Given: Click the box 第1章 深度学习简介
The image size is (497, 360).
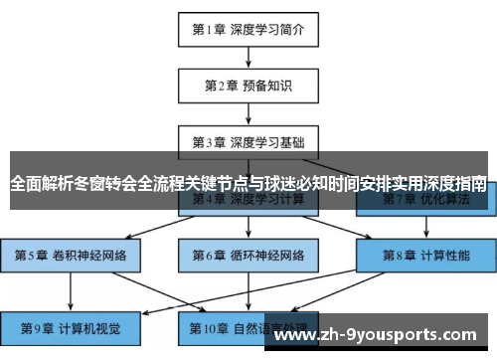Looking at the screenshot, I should click(248, 30).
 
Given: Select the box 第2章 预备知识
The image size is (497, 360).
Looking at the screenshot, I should click(248, 86).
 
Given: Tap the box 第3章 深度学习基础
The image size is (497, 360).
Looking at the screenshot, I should click(248, 141).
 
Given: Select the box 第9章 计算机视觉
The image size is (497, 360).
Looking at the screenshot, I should click(72, 326).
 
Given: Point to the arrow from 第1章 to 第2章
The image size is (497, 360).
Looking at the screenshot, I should click(248, 58).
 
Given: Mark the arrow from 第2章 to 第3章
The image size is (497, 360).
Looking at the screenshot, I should click(248, 113).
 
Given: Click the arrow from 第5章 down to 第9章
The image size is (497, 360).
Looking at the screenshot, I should click(72, 290).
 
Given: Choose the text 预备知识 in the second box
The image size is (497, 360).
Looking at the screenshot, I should click(264, 86).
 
